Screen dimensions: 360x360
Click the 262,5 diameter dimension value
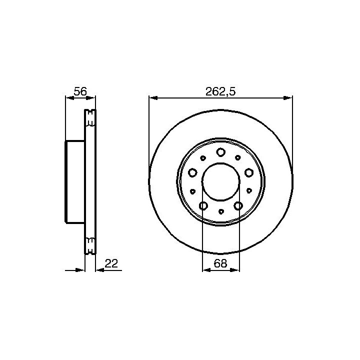[x=220, y=91]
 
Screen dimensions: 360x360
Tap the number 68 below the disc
[x=220, y=263]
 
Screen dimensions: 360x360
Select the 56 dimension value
[x=80, y=91]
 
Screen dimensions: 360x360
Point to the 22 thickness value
[x=111, y=263]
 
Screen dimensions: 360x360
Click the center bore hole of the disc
[x=220, y=181]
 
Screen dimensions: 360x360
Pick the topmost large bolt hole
[x=220, y=152]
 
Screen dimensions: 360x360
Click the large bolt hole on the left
[x=192, y=172]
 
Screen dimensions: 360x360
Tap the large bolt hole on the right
[x=248, y=172]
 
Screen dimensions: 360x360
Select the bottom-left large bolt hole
[x=203, y=205]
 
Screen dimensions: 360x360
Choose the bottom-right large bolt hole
[x=238, y=205]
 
